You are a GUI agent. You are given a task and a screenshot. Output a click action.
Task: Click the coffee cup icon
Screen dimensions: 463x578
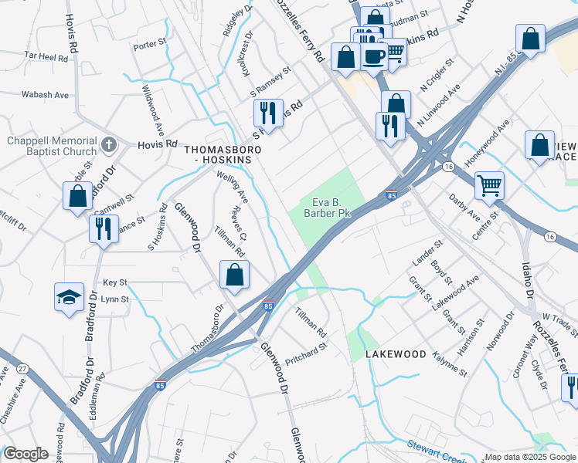[374, 56]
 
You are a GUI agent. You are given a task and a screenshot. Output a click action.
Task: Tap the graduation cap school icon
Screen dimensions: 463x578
[69, 296]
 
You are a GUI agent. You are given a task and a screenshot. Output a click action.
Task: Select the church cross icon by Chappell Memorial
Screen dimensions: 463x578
[109, 144]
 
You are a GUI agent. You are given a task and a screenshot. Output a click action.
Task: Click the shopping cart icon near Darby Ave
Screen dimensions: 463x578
[488, 185]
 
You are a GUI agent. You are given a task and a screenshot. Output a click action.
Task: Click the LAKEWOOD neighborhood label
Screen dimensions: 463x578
[396, 353]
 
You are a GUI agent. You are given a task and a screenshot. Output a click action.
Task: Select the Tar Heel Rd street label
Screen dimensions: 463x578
[46, 56]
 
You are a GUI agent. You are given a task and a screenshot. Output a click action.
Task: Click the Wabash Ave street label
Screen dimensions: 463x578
[46, 95]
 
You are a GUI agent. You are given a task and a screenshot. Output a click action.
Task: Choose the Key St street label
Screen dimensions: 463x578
[114, 283]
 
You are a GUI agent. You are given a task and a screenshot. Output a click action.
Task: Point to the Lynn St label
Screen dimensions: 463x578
[114, 299]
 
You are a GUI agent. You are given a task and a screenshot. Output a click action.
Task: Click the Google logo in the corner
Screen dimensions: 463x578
[25, 454]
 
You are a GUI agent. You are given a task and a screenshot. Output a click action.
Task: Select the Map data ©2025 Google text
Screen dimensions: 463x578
[529, 457]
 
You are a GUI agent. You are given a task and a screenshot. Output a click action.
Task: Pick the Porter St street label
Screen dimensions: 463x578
[149, 46]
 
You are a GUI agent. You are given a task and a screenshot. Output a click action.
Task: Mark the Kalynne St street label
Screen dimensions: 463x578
[450, 363]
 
